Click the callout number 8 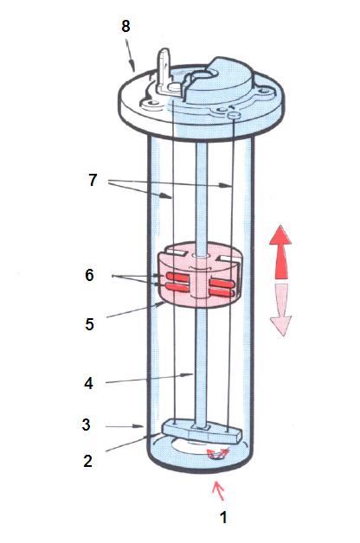(x=125, y=26)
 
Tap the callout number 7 (x=93, y=180)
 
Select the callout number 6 (x=89, y=275)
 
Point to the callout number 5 (x=89, y=324)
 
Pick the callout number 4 (x=88, y=383)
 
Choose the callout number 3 (x=87, y=425)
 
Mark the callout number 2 (x=87, y=461)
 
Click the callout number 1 (x=224, y=518)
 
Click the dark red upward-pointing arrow (x=280, y=252)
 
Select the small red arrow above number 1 (x=219, y=490)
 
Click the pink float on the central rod (x=199, y=275)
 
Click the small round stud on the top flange (x=234, y=115)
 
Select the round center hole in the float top (x=201, y=255)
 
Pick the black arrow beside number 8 (x=130, y=55)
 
